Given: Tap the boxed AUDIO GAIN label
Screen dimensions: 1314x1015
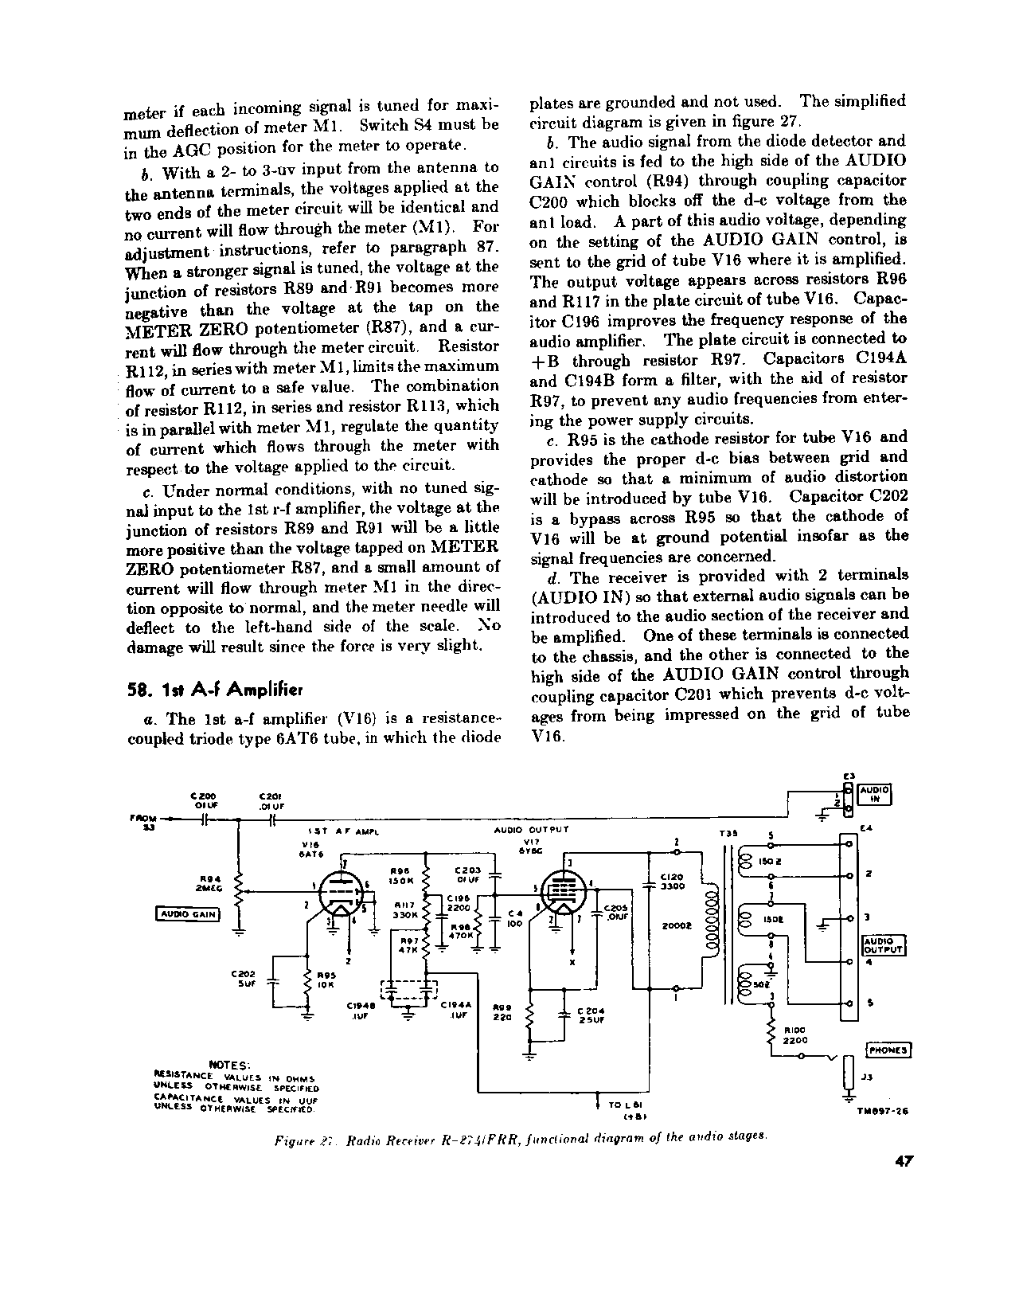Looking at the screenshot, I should [x=187, y=914].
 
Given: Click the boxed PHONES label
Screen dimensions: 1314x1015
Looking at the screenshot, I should [x=888, y=1050].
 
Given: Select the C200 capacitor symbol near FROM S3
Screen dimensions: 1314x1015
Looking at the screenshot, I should [x=205, y=819].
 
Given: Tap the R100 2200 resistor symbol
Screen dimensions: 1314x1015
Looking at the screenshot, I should [x=771, y=1034].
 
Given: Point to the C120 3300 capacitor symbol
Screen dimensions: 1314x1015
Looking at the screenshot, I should [x=650, y=882].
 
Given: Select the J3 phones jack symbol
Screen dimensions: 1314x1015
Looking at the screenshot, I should [x=849, y=1079].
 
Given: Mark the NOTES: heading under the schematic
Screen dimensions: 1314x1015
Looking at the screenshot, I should [x=230, y=1064].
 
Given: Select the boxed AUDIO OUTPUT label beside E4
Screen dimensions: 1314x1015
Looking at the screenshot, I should [x=884, y=944].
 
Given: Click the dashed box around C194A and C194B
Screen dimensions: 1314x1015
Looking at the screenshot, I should [x=411, y=989].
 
